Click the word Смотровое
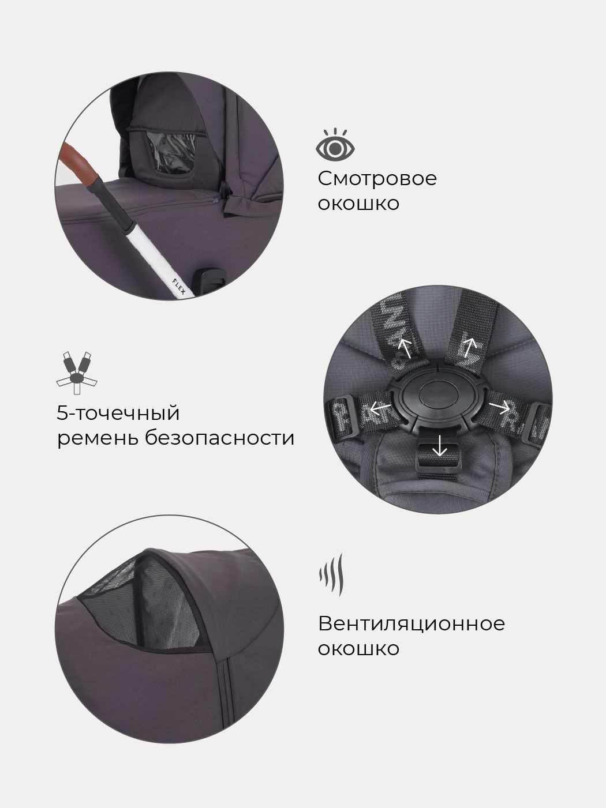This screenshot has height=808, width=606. pyautogui.click(x=377, y=179)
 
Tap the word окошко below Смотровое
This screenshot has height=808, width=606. pyautogui.click(x=358, y=204)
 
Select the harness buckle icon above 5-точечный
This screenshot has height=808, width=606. pyautogui.click(x=77, y=373)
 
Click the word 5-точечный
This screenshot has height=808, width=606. pyautogui.click(x=118, y=413)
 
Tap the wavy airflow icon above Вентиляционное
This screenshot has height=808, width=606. pyautogui.click(x=331, y=575)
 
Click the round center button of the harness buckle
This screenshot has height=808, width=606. pyautogui.click(x=439, y=396)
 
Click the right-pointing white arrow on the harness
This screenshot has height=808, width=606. pyautogui.click(x=499, y=406)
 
